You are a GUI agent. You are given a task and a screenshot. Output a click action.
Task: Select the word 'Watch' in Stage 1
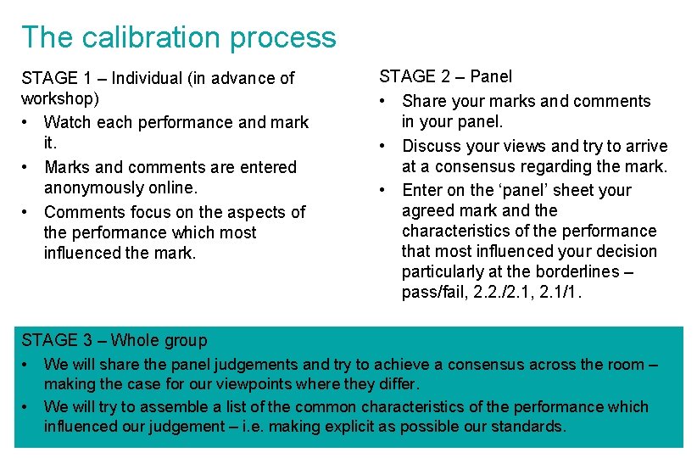[x=68, y=123]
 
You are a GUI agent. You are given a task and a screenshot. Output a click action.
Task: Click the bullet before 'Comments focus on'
[x=27, y=212]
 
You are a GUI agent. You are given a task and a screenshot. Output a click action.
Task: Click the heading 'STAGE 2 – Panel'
[x=445, y=77]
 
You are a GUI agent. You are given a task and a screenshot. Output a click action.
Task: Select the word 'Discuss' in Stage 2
[x=432, y=147]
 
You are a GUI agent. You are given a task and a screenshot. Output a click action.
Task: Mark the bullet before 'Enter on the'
[x=384, y=191]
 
